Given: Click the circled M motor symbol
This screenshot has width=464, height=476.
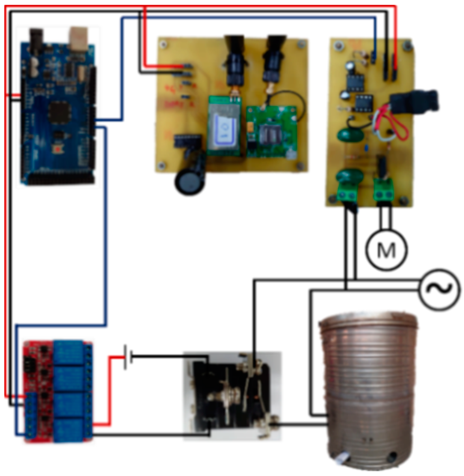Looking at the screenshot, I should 386,250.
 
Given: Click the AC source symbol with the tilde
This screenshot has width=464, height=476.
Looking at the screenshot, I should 439,290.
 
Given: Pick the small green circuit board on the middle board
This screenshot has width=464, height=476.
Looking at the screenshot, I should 272,130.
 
